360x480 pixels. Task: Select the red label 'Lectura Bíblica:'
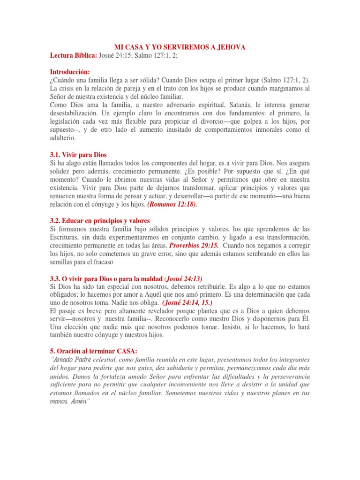pos(73,56)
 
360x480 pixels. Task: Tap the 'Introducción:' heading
pos(69,72)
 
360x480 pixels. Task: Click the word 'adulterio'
pos(62,139)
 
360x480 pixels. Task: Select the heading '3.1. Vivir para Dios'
pos(79,155)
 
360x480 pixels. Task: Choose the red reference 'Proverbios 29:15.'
pos(194,246)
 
